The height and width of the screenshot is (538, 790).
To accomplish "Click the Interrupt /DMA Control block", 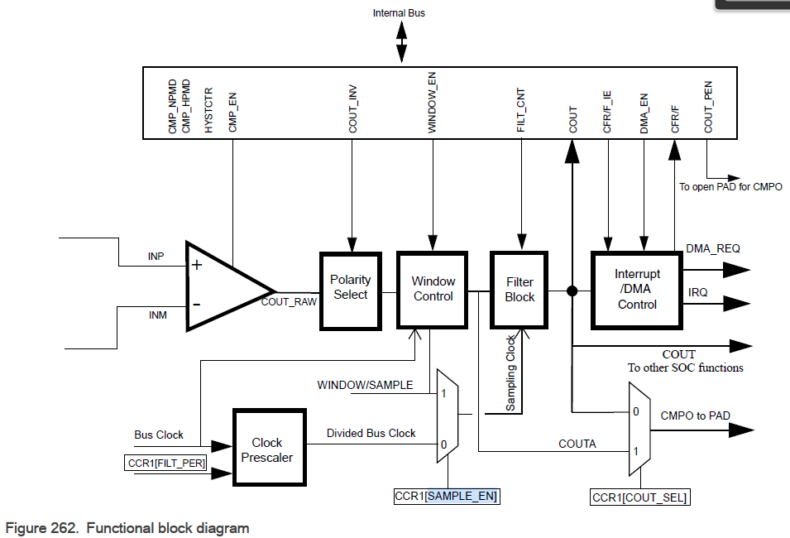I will [x=637, y=289].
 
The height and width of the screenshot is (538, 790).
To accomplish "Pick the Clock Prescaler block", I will [x=266, y=450].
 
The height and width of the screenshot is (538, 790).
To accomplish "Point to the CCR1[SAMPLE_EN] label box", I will [x=448, y=497].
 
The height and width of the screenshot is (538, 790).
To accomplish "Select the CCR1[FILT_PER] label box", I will [x=164, y=463].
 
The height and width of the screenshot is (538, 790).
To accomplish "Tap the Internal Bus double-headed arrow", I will [x=402, y=41].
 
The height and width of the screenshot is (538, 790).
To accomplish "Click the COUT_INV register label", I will [x=353, y=111].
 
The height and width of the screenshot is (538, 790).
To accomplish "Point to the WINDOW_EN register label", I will [x=433, y=106].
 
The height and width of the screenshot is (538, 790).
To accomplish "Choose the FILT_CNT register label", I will [x=521, y=110].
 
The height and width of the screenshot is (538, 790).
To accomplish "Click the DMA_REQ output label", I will [x=713, y=247].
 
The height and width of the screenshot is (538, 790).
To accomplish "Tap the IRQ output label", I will [x=698, y=293].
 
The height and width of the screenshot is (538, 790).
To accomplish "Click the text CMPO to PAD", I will [x=695, y=416].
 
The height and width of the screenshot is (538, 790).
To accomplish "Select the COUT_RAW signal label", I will [x=289, y=302].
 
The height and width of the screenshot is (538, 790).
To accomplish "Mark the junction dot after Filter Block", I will [x=572, y=291].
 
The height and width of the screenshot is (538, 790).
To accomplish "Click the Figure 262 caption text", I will [x=127, y=527].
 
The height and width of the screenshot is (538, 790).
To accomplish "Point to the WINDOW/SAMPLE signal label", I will [x=365, y=385].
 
